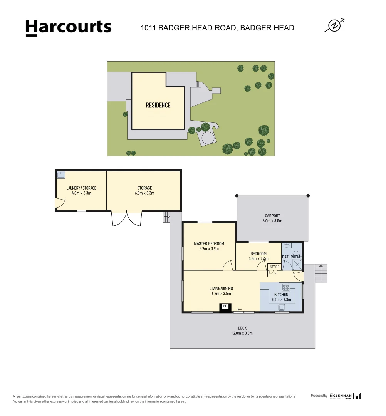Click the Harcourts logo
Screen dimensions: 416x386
click(68, 28)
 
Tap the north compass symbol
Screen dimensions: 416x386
click(333, 26)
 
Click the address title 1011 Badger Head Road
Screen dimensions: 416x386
click(217, 28)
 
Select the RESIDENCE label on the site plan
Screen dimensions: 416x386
click(158, 105)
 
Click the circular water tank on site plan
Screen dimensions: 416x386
click(208, 138)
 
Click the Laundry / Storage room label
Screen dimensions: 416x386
click(81, 188)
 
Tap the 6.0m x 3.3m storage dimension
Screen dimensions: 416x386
click(144, 193)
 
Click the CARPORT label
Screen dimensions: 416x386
click(272, 216)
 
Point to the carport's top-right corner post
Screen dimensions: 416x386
click(308, 196)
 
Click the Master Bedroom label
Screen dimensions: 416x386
click(209, 243)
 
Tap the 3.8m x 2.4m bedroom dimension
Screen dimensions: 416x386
click(258, 259)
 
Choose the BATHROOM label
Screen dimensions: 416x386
click(291, 257)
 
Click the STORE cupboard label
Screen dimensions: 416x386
click(274, 267)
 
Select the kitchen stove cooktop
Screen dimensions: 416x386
click(286, 287)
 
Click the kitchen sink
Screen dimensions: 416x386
click(282, 307)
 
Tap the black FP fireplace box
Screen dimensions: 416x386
click(225, 307)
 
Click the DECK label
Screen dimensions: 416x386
click(242, 328)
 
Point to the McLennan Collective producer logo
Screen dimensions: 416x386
click(345, 396)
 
